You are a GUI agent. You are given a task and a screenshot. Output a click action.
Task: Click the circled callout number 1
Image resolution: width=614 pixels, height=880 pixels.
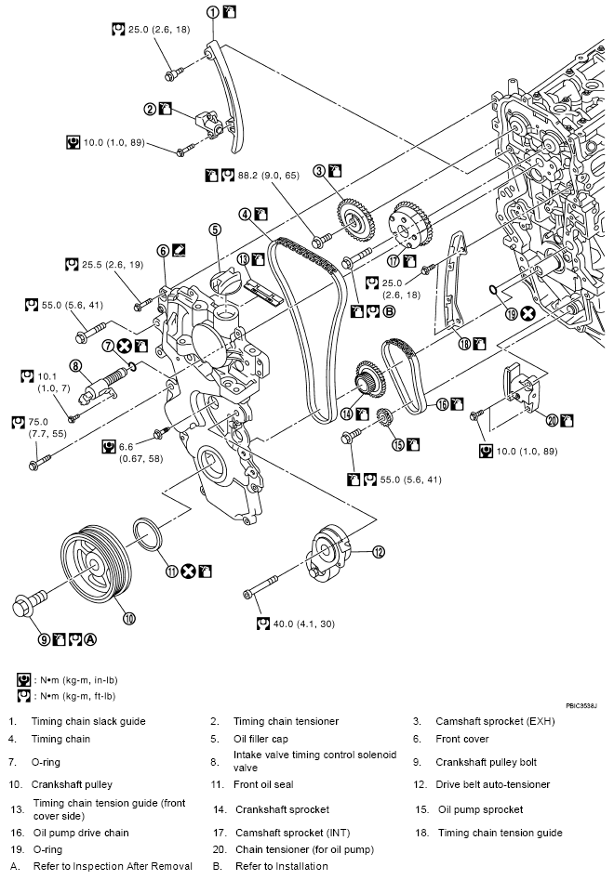213,12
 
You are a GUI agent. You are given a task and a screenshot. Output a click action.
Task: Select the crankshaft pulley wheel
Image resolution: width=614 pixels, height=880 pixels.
96,563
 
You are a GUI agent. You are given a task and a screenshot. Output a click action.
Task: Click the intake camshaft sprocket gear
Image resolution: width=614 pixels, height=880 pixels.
410,229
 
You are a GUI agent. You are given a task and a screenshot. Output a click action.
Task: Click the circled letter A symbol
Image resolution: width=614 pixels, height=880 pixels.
90,638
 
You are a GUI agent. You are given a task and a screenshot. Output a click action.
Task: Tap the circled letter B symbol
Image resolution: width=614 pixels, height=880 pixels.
389,311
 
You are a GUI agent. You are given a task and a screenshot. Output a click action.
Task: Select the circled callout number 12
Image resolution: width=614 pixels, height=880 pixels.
379,552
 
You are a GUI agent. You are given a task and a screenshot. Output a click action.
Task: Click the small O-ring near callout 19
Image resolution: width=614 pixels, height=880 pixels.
492,290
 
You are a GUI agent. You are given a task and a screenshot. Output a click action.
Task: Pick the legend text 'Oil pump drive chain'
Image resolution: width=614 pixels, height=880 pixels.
81,833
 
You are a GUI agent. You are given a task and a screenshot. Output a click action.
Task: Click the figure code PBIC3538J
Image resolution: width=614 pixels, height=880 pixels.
581,705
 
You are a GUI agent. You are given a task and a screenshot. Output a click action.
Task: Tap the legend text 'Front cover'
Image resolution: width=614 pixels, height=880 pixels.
461,739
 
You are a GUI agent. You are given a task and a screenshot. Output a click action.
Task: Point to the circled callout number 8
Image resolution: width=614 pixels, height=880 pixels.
75,366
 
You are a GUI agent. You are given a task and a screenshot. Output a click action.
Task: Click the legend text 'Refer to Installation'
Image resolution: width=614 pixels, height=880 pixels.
282,866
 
